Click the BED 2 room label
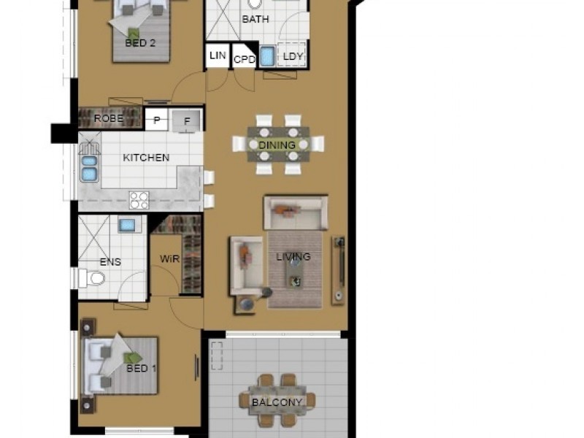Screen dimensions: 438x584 pos(140,43)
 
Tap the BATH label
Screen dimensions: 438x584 pos(255,20)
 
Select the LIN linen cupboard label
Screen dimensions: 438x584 pos(217,56)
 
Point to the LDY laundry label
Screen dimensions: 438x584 pos(293,56)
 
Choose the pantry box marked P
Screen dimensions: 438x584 pos(156,120)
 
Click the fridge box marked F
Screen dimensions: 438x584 pos(186,121)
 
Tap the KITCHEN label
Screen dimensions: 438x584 pos(146,158)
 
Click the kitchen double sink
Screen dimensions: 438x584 pos(90,168)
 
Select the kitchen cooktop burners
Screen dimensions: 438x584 pos(139,199)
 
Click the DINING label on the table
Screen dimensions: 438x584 pos(277,145)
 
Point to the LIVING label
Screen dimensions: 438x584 pos(293,257)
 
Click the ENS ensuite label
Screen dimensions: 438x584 pos(110,262)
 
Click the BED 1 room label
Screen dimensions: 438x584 pos(142,368)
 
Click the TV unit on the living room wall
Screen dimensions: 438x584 pos(338,270)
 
